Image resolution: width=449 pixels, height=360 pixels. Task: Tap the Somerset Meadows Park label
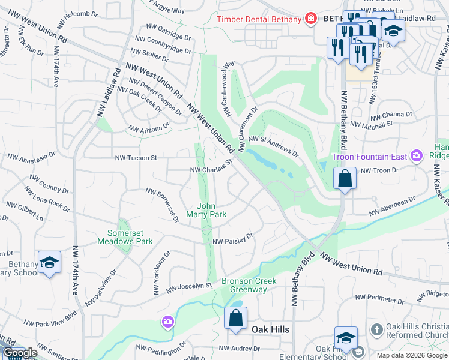point(130,237)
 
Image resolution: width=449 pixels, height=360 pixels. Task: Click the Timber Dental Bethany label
point(259,19)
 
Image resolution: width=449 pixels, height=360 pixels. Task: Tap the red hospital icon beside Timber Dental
point(310,19)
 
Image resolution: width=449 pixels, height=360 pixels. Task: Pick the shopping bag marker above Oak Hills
point(235,318)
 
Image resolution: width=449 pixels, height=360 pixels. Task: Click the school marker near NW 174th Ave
point(49,262)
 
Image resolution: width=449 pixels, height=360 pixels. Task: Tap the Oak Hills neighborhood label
point(270,329)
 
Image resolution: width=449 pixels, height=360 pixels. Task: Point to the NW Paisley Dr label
point(233,239)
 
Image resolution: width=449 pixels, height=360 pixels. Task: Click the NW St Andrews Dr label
point(273,145)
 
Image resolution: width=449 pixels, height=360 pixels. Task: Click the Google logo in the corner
point(20,353)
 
